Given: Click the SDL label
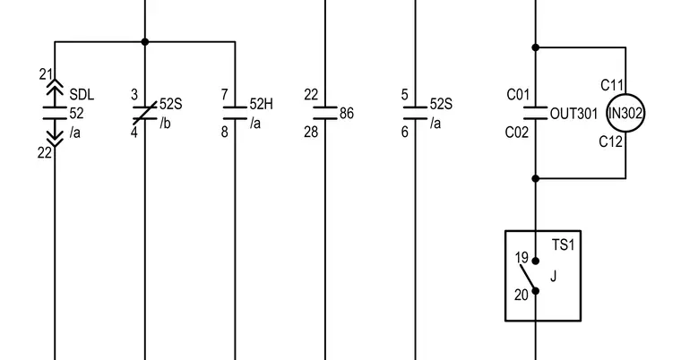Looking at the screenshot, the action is pos(82,94).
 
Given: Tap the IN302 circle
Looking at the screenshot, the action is pos(625,94).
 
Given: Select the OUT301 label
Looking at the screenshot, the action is pos(573,114).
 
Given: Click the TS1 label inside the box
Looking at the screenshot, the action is pos(564,244).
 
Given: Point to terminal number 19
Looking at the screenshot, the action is pos(522,258).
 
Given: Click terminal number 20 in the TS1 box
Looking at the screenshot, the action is pos(522,295).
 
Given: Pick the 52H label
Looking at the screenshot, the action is pos(262,104).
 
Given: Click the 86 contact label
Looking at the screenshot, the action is pos(347,114).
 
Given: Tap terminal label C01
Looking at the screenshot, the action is pos(518,94).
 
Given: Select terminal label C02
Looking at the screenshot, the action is pos(517,132).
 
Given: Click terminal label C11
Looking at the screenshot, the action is pos(612,85).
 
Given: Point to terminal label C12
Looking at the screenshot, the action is pos(610,141).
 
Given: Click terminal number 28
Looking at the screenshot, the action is pos(311,132).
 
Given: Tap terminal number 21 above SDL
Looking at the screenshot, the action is pos(46,74).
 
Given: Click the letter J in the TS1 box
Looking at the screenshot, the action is pos(554,276).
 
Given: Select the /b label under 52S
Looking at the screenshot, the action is pos(165,124).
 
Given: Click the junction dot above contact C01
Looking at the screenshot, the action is pos(536,47).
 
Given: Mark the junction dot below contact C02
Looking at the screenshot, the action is pos(536,178).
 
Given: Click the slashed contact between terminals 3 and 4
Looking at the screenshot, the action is pos(145,113).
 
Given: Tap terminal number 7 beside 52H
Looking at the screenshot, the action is pos(224,94).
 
